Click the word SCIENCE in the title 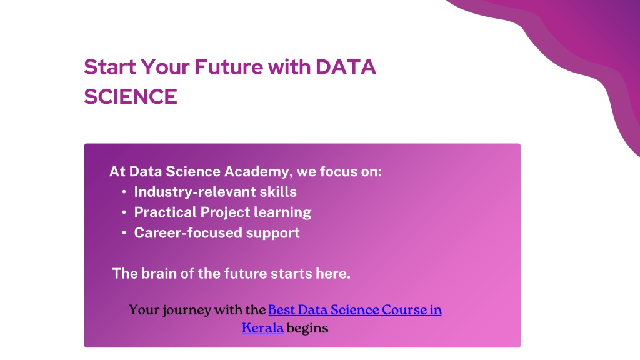tap(131, 97)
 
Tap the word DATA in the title tap(346, 67)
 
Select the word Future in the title tap(229, 67)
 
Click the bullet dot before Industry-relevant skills tap(124, 192)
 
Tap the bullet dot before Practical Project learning tap(124, 212)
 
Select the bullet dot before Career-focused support tap(124, 232)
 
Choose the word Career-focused tap(188, 232)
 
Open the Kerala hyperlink tap(263, 328)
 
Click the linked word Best tap(281, 310)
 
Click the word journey tap(187, 311)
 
